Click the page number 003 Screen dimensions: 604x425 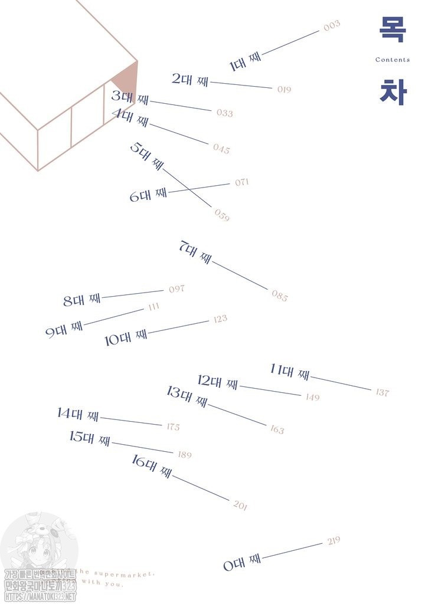[332, 25]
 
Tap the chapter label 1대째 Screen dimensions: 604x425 [245, 61]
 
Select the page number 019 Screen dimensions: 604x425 [284, 90]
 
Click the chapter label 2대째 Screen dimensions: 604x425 [190, 80]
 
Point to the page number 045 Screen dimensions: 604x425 [221, 149]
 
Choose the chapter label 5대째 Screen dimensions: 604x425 [146, 156]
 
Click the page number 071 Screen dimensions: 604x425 [241, 182]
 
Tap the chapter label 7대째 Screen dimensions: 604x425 [195, 252]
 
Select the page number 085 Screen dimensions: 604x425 [280, 296]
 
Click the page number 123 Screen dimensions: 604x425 [220, 319]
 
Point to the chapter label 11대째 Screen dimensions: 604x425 [290, 372]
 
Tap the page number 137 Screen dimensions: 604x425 [382, 392]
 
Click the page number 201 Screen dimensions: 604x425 [240, 505]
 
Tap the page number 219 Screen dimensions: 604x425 [334, 540]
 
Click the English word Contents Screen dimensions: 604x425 [393, 60]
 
